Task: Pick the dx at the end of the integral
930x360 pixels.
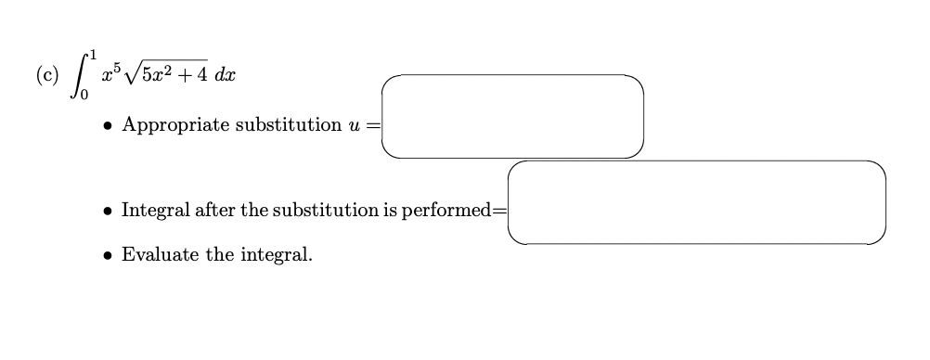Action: (x=224, y=75)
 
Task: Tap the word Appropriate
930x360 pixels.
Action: (x=175, y=125)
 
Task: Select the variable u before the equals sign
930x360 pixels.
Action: (x=355, y=126)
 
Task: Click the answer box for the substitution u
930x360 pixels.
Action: (x=511, y=116)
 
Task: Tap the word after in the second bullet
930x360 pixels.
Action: (x=214, y=211)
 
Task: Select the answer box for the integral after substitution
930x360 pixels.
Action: (x=696, y=202)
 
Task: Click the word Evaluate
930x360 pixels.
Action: (x=160, y=254)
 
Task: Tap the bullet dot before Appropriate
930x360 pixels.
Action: (x=109, y=125)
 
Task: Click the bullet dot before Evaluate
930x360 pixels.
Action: (x=109, y=254)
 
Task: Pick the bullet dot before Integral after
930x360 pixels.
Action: (x=109, y=211)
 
